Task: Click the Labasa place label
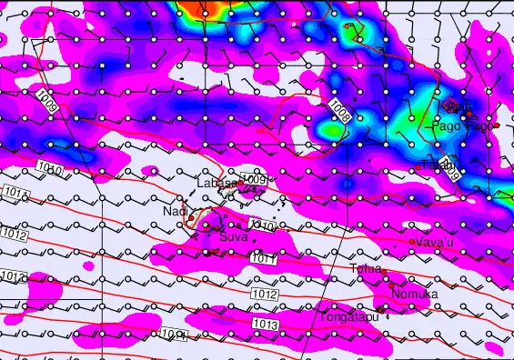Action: click(217, 183)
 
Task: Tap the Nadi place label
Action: click(174, 212)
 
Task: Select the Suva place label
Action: click(233, 237)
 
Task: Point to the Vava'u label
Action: click(434, 242)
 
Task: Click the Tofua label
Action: click(366, 268)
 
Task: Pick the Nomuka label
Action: click(415, 295)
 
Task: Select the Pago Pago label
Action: click(467, 126)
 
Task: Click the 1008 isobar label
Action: click(340, 112)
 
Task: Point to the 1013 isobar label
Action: click(266, 325)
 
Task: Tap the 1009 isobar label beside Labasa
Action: click(255, 181)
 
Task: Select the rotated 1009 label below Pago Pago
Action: click(450, 165)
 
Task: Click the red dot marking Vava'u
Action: click(412, 242)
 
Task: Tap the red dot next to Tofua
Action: click(385, 271)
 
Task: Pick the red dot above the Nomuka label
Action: click(392, 285)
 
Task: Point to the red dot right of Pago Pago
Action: click(498, 125)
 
